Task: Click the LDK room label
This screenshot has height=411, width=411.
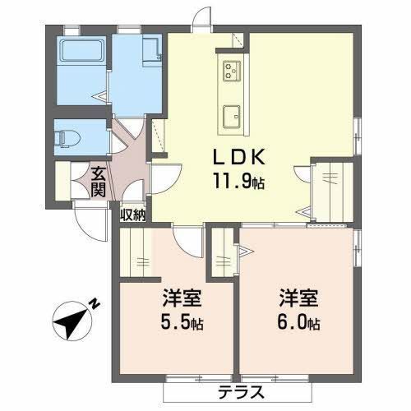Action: (x=239, y=157)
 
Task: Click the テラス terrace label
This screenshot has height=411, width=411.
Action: (x=241, y=392)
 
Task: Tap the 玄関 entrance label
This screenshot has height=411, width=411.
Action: (x=98, y=182)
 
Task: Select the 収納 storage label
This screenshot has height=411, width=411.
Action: (x=133, y=215)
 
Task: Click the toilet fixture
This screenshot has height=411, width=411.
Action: (x=67, y=138)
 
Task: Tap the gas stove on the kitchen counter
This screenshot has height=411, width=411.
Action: (x=232, y=71)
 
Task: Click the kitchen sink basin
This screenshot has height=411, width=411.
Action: (x=232, y=117)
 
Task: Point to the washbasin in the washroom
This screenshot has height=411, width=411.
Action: (x=152, y=51)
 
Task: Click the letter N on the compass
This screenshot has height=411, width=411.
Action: (x=95, y=303)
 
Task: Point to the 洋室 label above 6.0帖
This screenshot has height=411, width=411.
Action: (x=298, y=298)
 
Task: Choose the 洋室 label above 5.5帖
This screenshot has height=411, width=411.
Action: (x=182, y=298)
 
